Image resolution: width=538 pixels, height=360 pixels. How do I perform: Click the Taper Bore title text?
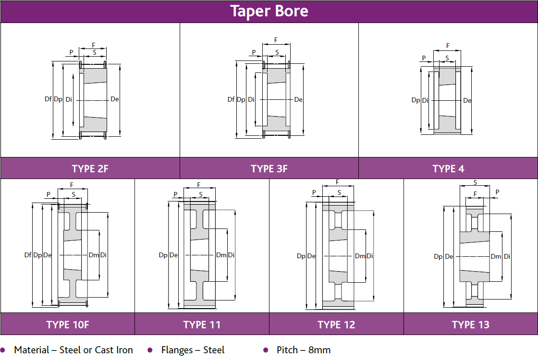click(269, 11)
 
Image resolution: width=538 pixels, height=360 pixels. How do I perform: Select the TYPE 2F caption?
click(90, 168)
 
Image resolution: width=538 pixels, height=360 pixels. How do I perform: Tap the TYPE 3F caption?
click(269, 168)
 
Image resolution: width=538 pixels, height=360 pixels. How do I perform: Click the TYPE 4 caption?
click(448, 168)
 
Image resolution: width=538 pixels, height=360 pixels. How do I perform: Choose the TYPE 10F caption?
click(67, 324)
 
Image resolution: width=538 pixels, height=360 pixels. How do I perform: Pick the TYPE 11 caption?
click(202, 324)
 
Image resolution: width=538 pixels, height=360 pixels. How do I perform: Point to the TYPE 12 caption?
click(336, 324)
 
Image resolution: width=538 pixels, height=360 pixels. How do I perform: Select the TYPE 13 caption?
click(471, 324)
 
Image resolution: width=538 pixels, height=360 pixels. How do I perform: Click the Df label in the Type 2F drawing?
click(48, 99)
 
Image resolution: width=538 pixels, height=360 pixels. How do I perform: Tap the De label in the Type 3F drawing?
click(298, 100)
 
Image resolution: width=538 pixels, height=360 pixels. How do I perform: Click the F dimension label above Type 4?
click(448, 46)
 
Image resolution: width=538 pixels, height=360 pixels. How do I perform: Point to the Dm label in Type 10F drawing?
click(94, 255)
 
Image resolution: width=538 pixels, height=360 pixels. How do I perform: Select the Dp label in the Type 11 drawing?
click(163, 255)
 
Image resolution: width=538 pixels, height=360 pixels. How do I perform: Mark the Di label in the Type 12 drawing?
click(370, 256)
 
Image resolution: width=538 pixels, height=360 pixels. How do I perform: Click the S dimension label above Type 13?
click(475, 183)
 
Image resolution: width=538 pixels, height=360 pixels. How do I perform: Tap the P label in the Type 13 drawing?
click(497, 192)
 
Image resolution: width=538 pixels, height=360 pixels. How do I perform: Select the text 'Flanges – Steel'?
click(193, 350)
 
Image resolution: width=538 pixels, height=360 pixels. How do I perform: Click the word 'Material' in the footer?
click(32, 350)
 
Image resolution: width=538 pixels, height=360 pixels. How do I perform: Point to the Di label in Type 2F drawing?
click(69, 99)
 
